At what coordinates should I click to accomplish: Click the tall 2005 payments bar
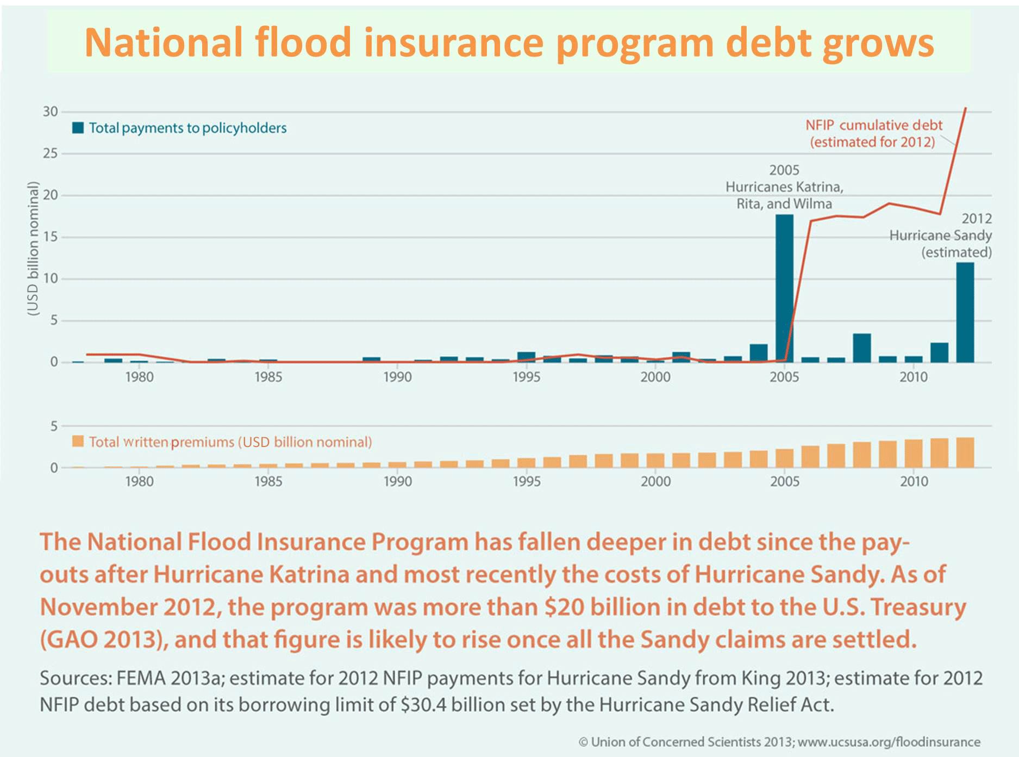pyautogui.click(x=784, y=288)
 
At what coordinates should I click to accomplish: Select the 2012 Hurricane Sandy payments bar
pyautogui.click(x=965, y=312)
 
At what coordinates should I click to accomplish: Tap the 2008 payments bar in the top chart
pyautogui.click(x=862, y=348)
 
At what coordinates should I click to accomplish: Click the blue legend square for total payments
pyautogui.click(x=78, y=128)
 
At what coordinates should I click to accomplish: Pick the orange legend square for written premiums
pyautogui.click(x=78, y=441)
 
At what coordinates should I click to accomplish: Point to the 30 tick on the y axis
pyautogui.click(x=51, y=111)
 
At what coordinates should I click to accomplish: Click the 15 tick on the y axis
pyautogui.click(x=51, y=237)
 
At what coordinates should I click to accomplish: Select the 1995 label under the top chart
pyautogui.click(x=526, y=377)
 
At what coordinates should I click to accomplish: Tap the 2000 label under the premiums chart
pyautogui.click(x=655, y=481)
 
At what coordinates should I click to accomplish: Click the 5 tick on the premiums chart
pyautogui.click(x=54, y=426)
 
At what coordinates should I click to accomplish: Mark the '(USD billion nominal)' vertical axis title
pyautogui.click(x=33, y=248)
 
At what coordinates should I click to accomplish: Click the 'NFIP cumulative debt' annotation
pyautogui.click(x=873, y=125)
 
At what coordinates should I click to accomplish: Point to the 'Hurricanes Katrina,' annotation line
pyautogui.click(x=784, y=187)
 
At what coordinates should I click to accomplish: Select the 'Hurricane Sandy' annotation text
pyautogui.click(x=940, y=235)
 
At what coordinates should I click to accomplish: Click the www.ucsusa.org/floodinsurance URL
pyautogui.click(x=889, y=742)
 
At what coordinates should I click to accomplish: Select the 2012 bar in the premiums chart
pyautogui.click(x=965, y=452)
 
